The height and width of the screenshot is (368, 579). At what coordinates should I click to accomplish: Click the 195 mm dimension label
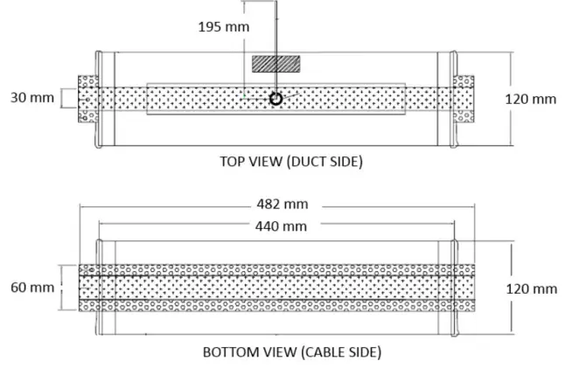[x=223, y=26]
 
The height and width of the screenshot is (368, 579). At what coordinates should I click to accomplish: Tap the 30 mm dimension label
[x=31, y=98]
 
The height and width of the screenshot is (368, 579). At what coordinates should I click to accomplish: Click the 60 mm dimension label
[x=31, y=287]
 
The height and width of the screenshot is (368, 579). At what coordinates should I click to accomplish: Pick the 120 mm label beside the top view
[x=531, y=99]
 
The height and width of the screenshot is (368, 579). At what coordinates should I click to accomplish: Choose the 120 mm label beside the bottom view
[x=531, y=288]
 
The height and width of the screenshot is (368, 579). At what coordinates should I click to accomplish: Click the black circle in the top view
[x=276, y=99]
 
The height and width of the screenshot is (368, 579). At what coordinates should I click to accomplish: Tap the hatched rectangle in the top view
[x=276, y=64]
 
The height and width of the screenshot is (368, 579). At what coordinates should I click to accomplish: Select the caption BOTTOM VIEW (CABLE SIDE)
[x=291, y=353]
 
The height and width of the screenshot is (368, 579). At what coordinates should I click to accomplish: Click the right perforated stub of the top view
[x=464, y=99]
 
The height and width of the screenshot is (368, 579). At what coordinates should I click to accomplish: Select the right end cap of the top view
[x=452, y=99]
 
